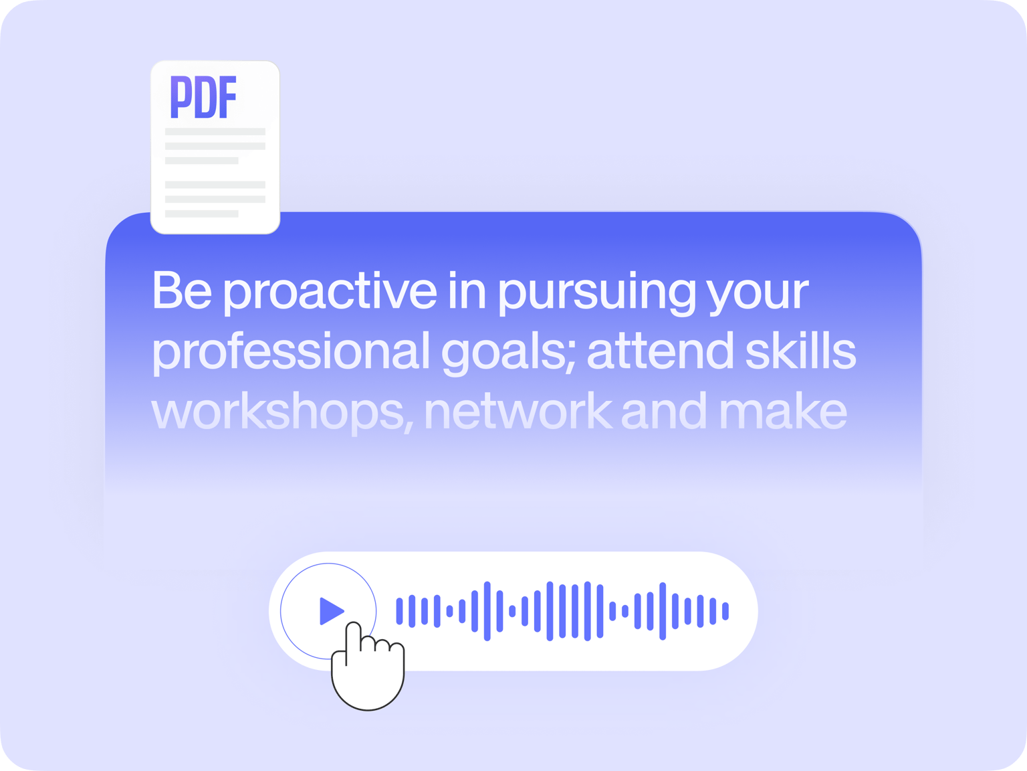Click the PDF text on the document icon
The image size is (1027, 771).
(x=203, y=97)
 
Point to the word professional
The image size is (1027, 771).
(x=291, y=352)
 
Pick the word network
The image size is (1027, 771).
(x=518, y=410)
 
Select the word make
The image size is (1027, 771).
(x=783, y=410)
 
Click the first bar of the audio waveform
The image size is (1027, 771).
(x=399, y=611)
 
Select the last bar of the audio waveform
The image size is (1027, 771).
(x=725, y=611)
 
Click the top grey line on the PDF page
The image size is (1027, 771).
(x=215, y=132)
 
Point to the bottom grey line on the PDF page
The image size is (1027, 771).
(x=202, y=214)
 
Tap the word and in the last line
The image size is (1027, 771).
(x=664, y=410)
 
